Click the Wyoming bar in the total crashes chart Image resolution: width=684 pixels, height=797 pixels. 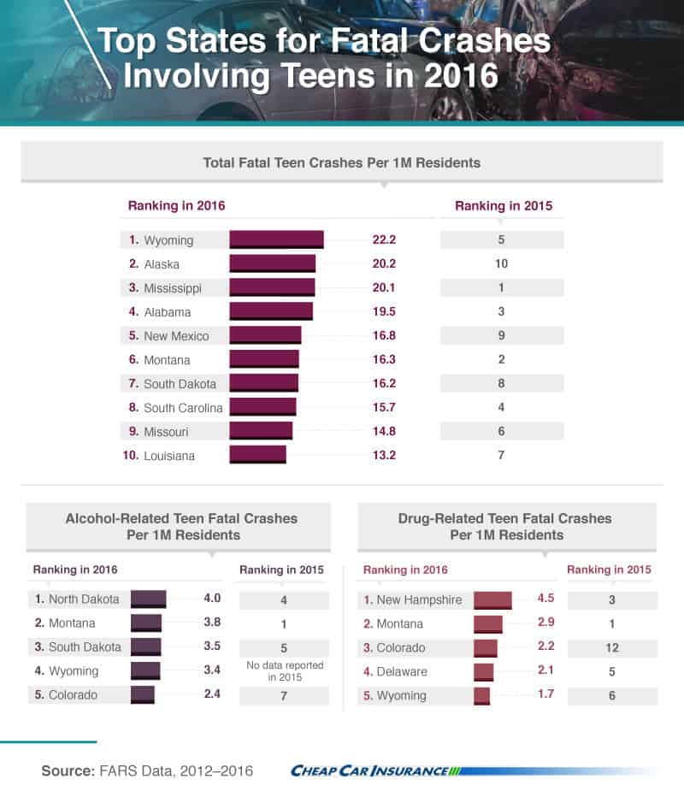(x=276, y=239)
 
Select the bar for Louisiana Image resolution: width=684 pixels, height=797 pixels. (x=257, y=454)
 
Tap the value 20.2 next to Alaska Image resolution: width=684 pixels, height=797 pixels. (x=384, y=263)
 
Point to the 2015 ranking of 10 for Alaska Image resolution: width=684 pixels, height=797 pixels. (x=501, y=263)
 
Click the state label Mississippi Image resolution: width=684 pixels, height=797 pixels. (x=173, y=288)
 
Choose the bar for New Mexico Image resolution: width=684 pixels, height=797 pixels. (x=265, y=335)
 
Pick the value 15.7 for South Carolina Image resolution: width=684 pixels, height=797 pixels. (x=384, y=407)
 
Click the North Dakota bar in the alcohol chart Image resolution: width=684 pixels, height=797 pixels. (x=149, y=599)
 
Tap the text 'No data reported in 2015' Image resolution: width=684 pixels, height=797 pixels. (x=285, y=671)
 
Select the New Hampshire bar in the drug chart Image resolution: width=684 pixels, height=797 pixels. (x=493, y=600)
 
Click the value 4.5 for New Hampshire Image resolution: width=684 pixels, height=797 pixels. (x=545, y=599)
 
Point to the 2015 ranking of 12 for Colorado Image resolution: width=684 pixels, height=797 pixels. (x=612, y=647)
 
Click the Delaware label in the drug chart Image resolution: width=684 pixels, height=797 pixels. (x=402, y=671)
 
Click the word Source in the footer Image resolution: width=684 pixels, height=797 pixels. (x=68, y=771)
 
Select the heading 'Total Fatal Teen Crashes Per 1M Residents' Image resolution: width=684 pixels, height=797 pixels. (x=341, y=162)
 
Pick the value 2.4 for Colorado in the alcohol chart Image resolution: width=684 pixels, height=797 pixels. (x=212, y=694)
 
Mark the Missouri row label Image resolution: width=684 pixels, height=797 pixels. (x=166, y=432)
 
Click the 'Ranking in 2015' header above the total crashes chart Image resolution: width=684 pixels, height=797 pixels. (x=504, y=206)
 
